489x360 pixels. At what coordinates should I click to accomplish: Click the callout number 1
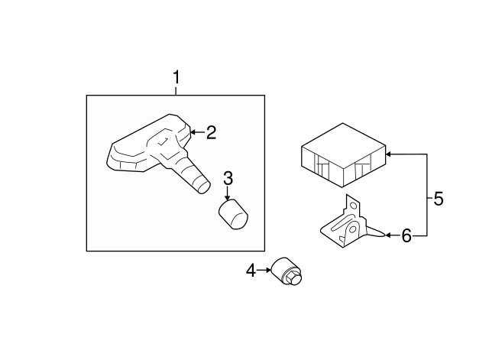(x=176, y=77)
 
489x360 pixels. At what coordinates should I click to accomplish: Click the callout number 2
(x=211, y=132)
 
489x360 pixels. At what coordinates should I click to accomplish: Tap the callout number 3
(x=228, y=179)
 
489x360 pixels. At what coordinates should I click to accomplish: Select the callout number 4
(x=251, y=271)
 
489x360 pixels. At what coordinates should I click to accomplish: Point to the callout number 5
(x=439, y=199)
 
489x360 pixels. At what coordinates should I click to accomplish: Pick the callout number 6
(x=406, y=236)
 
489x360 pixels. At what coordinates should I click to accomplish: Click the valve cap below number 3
(x=233, y=215)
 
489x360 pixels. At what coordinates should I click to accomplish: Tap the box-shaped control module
(x=343, y=155)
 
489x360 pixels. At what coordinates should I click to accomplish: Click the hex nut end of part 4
(x=293, y=278)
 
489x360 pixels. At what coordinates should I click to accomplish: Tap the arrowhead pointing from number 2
(x=193, y=132)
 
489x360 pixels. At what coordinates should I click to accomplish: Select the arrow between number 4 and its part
(x=264, y=270)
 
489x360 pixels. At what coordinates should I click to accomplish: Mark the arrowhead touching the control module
(x=388, y=154)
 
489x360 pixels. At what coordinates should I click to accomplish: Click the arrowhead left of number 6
(x=388, y=235)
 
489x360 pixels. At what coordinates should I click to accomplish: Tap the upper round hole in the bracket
(x=353, y=206)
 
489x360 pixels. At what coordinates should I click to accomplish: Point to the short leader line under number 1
(x=176, y=90)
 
